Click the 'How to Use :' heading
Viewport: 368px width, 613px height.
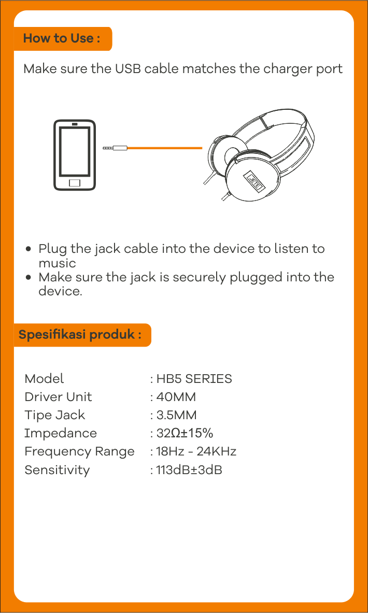[x=61, y=38]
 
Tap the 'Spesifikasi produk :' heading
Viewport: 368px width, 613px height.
[x=80, y=335]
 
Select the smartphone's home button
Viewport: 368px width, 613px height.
[x=74, y=183]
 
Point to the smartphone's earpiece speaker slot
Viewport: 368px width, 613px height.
[x=74, y=125]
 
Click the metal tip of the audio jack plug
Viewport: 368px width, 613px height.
[x=107, y=148]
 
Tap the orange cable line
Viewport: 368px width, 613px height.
[x=165, y=148]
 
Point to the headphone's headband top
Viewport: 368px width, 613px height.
[x=274, y=117]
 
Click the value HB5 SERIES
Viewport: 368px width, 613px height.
[x=194, y=379]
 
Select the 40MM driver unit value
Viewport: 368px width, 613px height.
[x=176, y=397]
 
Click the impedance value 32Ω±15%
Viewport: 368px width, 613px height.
[x=185, y=433]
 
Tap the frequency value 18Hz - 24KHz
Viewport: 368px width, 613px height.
[x=196, y=451]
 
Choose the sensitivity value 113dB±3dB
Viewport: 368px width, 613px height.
[x=189, y=469]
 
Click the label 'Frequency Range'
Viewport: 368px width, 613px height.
[x=79, y=452]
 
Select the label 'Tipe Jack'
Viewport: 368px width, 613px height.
[x=55, y=415]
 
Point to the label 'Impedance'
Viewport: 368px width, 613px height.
[x=61, y=434]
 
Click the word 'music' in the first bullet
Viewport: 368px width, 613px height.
[x=57, y=263]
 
